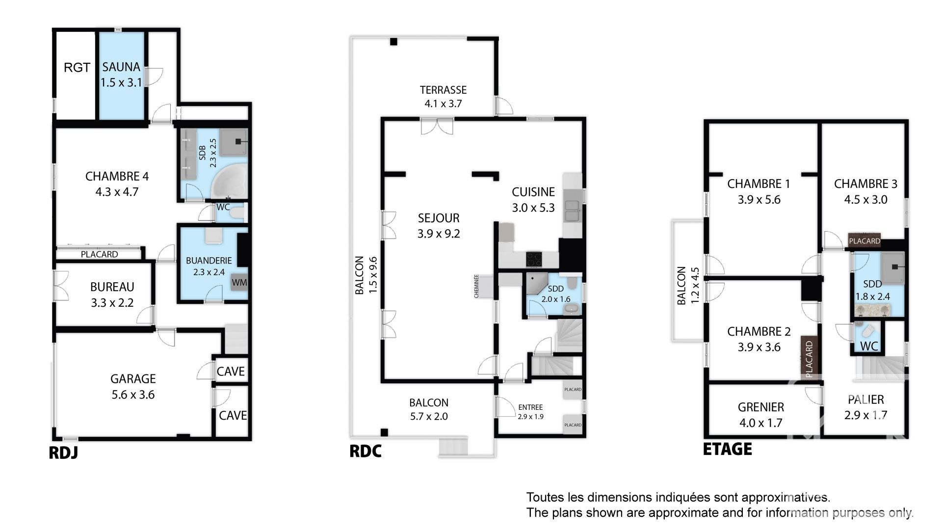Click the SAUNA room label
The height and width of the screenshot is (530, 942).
tap(121, 67)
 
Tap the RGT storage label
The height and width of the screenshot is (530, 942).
tap(77, 67)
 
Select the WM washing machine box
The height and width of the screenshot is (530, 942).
tap(239, 283)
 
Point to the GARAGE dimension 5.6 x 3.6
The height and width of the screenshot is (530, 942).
tap(133, 395)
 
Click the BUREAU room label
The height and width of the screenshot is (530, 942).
tap(112, 287)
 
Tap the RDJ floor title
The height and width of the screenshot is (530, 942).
tap(63, 452)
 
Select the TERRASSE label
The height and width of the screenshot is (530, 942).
tap(443, 90)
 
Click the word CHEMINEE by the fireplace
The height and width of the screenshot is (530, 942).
tap(476, 286)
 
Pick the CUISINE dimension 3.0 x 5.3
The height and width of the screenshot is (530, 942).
tap(533, 208)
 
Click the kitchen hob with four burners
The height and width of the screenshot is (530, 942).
tap(534, 259)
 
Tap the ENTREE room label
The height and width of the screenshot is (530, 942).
tap(530, 407)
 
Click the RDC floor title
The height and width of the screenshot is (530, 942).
tap(365, 451)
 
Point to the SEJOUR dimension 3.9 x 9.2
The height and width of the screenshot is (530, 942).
tap(439, 234)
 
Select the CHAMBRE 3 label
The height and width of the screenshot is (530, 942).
tap(865, 184)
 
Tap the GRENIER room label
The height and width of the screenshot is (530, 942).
tap(761, 407)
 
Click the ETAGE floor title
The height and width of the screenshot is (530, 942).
tap(728, 449)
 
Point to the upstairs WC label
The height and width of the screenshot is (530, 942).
tap(869, 346)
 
